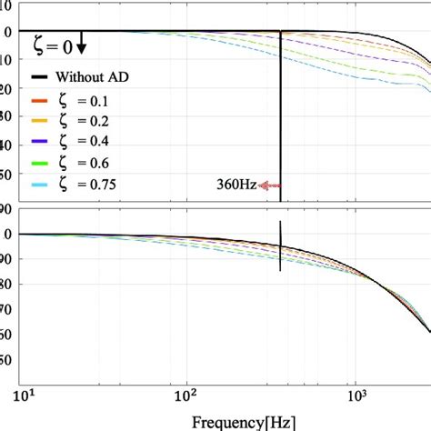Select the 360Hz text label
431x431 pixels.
pyautogui.click(x=236, y=185)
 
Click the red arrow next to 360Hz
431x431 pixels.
pyautogui.click(x=269, y=185)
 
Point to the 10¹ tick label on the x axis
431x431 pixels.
pyautogui.click(x=24, y=396)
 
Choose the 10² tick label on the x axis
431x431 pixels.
pyautogui.click(x=186, y=396)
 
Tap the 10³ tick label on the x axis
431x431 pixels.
pyautogui.click(x=356, y=396)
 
